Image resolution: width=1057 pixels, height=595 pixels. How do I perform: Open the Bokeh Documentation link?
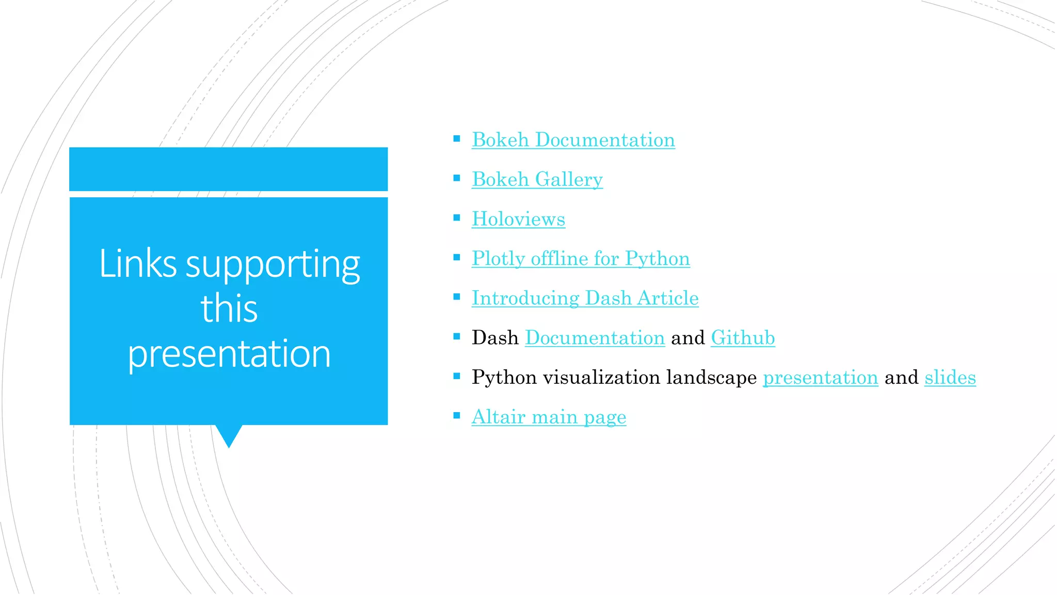click(573, 140)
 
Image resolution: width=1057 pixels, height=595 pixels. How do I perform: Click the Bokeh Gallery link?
click(537, 180)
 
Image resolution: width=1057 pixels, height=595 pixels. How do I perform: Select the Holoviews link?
click(518, 219)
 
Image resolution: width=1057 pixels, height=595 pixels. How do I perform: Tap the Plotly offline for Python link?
click(581, 259)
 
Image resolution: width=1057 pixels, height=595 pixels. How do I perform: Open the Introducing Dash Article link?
click(585, 299)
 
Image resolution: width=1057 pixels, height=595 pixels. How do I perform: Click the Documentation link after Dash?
click(595, 338)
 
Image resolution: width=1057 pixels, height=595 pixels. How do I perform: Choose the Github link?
click(743, 338)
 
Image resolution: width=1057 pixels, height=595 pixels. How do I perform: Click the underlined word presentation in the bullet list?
click(820, 378)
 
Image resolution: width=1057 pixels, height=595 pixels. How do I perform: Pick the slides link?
click(950, 378)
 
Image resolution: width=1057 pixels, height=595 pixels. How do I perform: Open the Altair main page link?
click(549, 417)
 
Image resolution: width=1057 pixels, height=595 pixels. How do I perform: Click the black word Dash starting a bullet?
click(495, 338)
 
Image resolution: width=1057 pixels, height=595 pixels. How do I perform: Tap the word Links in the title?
click(138, 264)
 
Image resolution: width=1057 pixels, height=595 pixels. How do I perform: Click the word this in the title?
click(229, 308)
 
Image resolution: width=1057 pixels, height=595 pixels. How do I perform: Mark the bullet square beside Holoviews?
click(457, 218)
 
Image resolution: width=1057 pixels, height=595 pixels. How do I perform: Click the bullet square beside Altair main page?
click(457, 415)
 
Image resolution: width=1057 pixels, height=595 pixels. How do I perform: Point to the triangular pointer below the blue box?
click(229, 435)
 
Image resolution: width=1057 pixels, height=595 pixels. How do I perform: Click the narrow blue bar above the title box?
click(228, 169)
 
